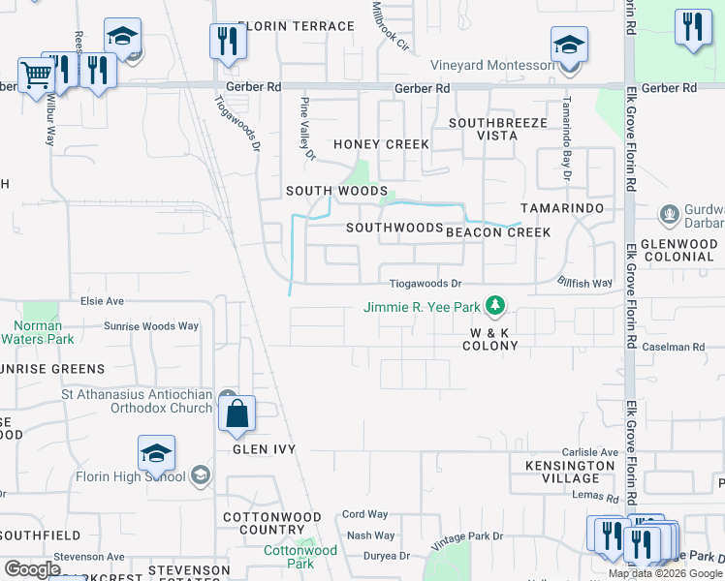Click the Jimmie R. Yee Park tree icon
[495, 307]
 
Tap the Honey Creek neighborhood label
[381, 144]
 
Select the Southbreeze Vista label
[498, 130]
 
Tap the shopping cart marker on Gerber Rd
[35, 75]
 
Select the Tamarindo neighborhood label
[562, 208]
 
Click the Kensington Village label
[569, 472]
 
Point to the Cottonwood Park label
[300, 557]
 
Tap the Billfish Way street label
[584, 283]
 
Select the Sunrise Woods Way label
[150, 326]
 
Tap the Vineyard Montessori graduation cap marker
[569, 45]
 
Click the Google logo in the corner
[31, 568]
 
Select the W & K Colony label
[489, 339]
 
